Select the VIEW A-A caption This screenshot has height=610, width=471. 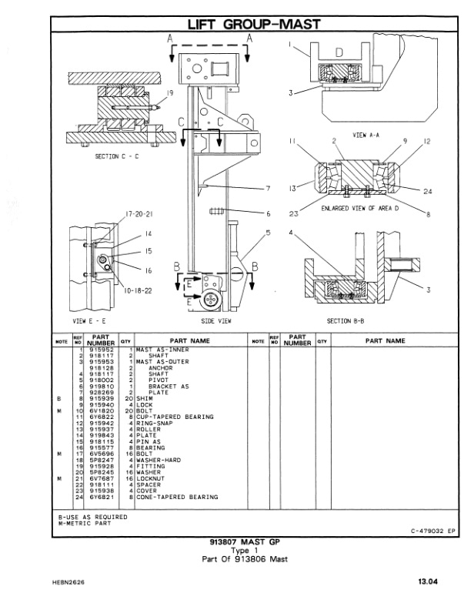click(368, 134)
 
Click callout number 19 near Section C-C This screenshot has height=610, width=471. click(169, 92)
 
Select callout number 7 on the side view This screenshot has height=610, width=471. click(268, 189)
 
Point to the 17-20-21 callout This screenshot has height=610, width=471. click(114, 213)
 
